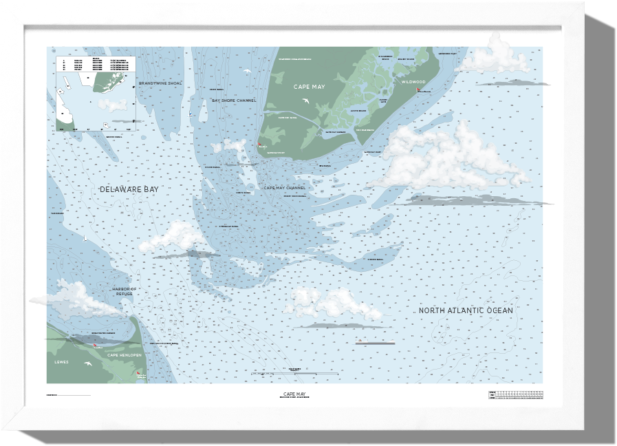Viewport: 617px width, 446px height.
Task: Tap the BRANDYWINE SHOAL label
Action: (x=160, y=83)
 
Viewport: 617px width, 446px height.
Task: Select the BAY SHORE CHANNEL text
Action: (x=234, y=100)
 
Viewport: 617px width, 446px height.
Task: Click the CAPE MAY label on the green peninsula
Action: (x=309, y=87)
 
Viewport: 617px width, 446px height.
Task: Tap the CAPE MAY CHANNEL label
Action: (x=285, y=187)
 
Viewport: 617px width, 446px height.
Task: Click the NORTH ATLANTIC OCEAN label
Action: (x=466, y=310)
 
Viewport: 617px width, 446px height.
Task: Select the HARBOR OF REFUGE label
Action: (x=124, y=291)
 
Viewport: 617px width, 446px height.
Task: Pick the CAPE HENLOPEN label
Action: (x=124, y=354)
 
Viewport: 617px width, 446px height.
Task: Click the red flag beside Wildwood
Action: (x=418, y=90)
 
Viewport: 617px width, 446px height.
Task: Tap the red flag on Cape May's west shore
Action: (x=260, y=145)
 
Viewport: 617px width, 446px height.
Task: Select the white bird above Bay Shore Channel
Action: (x=246, y=71)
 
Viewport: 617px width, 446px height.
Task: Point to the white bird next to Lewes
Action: (x=88, y=362)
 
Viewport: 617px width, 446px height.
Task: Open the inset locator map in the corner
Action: (x=96, y=93)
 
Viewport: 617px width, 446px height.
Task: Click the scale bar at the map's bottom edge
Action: (x=296, y=372)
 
